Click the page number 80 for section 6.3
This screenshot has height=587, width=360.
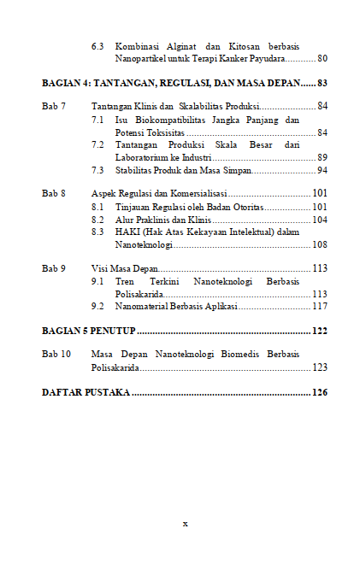coord(322,59)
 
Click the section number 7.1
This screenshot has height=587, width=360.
coord(97,120)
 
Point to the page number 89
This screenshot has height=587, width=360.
coord(322,157)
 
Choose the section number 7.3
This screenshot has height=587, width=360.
coord(97,170)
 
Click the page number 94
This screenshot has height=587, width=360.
coord(322,170)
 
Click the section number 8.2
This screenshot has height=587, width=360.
coord(97,220)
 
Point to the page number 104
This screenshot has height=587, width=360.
coord(320,220)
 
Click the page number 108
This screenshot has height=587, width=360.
coord(320,244)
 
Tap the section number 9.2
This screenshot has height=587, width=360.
coord(97,306)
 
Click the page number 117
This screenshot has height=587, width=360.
coord(320,306)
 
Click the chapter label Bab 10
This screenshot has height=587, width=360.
coord(56,354)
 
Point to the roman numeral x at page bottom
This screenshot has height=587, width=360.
coord(184,523)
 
